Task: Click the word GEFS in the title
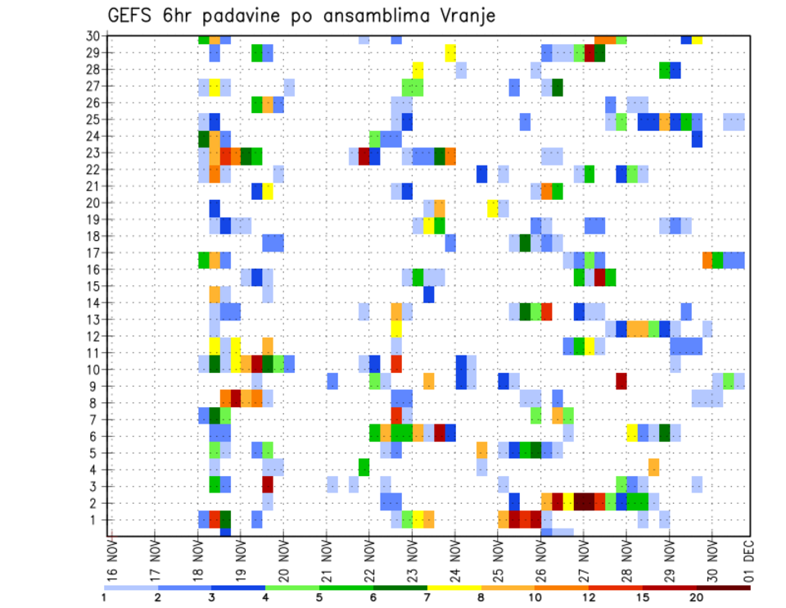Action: click(132, 16)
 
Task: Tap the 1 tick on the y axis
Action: click(96, 520)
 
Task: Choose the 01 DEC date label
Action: click(748, 557)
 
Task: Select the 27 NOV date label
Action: click(584, 557)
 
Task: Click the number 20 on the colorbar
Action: click(697, 597)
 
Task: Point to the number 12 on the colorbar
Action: click(589, 597)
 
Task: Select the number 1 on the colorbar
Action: click(103, 597)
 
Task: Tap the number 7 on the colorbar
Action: click(427, 597)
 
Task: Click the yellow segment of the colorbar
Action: click(454, 588)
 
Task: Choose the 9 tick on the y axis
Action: click(96, 386)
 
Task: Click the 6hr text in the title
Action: click(178, 16)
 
